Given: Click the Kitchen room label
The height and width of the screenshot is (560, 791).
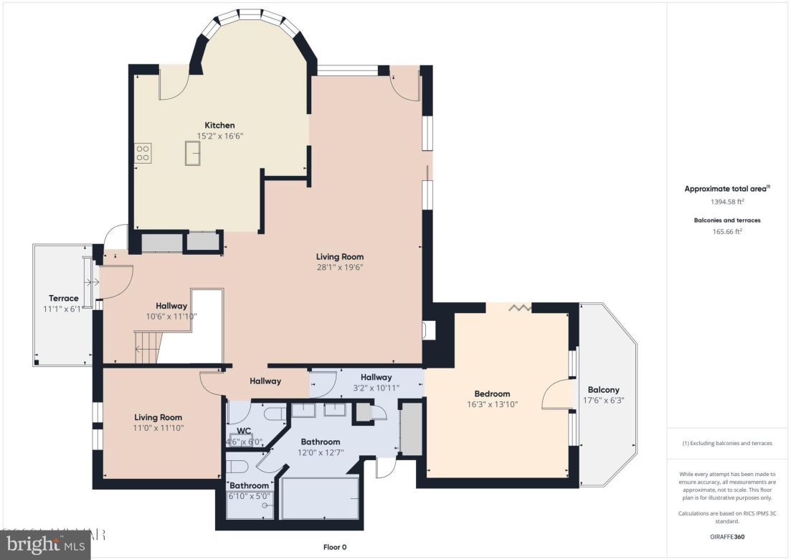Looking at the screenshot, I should [x=219, y=126].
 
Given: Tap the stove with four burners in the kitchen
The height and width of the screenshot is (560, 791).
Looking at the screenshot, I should [x=143, y=152].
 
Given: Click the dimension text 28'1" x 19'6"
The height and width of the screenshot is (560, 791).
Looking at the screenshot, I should [x=340, y=267].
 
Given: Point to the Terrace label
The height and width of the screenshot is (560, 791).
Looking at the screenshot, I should [x=63, y=299].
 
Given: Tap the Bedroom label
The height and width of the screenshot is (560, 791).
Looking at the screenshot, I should [x=492, y=393].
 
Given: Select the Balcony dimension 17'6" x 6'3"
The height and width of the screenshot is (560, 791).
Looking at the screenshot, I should [x=603, y=401].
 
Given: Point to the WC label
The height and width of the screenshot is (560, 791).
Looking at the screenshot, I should [x=244, y=431].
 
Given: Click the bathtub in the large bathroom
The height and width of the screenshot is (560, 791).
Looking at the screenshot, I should [x=320, y=498].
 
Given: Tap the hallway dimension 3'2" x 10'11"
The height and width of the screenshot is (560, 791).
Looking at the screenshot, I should [x=376, y=388].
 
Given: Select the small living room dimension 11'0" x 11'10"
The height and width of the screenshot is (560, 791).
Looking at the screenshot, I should [x=158, y=428].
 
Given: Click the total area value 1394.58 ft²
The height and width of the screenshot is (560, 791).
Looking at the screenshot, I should [x=727, y=202].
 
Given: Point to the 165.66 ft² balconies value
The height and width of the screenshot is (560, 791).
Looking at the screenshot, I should [x=727, y=231].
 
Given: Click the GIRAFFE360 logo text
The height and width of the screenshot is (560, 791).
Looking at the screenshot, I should [x=727, y=536].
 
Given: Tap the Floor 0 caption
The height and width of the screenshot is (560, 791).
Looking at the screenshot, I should [x=334, y=547].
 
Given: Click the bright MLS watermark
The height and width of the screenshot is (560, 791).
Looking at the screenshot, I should [x=44, y=545].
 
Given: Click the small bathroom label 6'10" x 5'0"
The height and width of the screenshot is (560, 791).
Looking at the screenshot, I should [x=249, y=496].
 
